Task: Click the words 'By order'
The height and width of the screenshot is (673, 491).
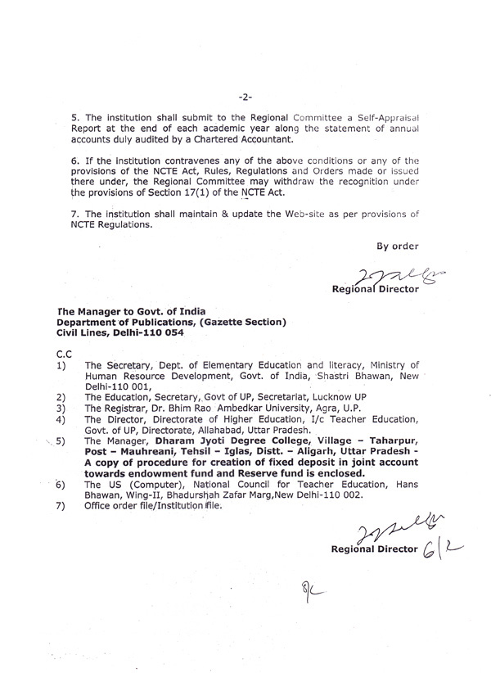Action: [x=397, y=245]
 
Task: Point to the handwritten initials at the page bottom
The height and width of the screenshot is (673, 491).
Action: [x=310, y=590]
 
